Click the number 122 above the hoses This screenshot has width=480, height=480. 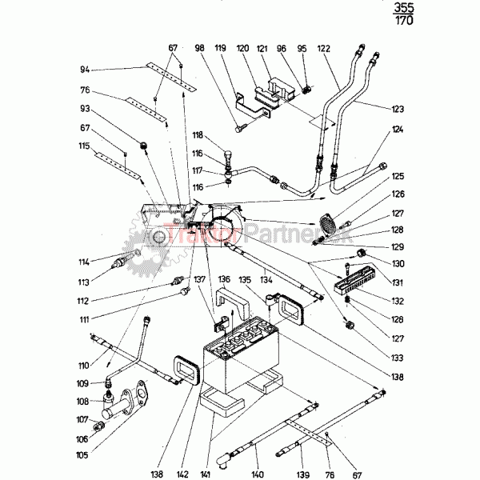(x=323, y=48)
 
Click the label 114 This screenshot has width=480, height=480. (x=83, y=262)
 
